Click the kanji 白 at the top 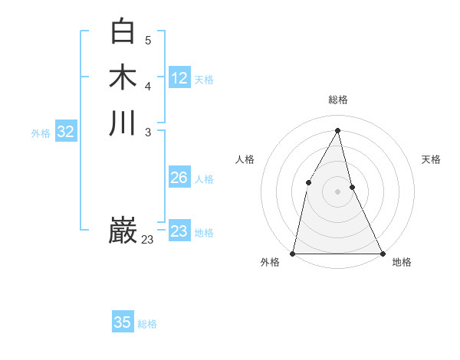pos(123,31)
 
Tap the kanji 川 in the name pos(123,123)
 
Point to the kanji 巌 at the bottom pos(123,231)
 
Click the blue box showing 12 pos(179,78)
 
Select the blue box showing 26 pos(179,178)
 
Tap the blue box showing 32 pos(66,132)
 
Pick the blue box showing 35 pos(123,322)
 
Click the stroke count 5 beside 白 pos(148,40)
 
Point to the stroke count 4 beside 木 pos(148,86)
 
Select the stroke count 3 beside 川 pos(148,132)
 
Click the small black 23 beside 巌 pos(147,240)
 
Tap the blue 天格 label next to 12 pos(204,79)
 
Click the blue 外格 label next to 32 pos(41,133)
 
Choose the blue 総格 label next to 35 pos(147,324)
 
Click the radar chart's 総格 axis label pos(338,100)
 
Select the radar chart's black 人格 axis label pos(245,159)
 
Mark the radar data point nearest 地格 pos(382,253)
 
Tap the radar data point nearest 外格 pos(294,253)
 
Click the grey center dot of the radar pos(337,191)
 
